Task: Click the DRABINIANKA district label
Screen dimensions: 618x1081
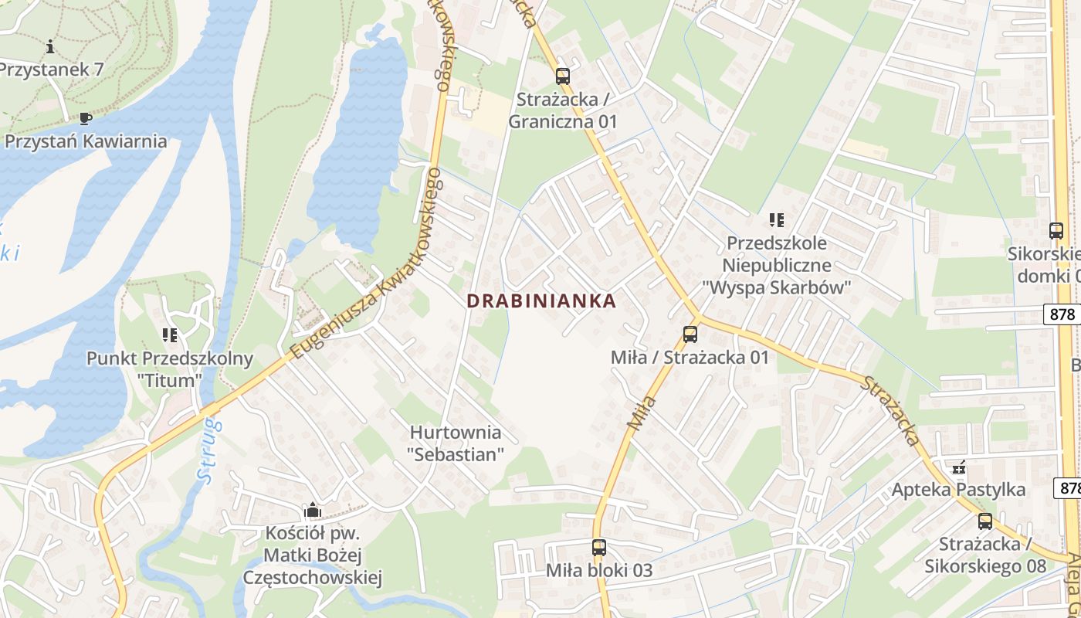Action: pos(541,301)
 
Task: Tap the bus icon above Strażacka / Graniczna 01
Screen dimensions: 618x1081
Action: pos(562,76)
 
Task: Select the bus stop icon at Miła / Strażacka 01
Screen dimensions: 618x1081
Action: pos(690,334)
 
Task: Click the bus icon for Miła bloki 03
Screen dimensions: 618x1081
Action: pos(598,548)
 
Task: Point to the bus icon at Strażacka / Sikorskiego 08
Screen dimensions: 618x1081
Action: pos(984,521)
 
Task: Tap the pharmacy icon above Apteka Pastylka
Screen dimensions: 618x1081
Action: pos(959,467)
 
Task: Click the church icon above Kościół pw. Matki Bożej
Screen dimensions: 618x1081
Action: pos(313,510)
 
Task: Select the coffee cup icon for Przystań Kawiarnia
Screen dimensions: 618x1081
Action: pos(85,118)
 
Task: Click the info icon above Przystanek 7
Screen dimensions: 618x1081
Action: pos(50,46)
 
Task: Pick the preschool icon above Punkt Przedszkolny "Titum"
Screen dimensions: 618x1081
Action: pos(170,335)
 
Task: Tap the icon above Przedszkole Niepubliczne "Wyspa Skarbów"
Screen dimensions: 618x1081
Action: pos(777,220)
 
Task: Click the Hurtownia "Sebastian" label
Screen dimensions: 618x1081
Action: pos(456,443)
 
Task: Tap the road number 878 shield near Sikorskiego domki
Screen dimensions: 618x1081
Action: pos(1063,314)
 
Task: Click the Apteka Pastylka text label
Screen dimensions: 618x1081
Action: pos(958,490)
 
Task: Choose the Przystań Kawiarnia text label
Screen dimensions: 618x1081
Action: pos(86,141)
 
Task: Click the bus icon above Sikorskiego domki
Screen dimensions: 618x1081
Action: pos(1056,230)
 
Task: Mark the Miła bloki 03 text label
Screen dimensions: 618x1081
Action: pos(599,571)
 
